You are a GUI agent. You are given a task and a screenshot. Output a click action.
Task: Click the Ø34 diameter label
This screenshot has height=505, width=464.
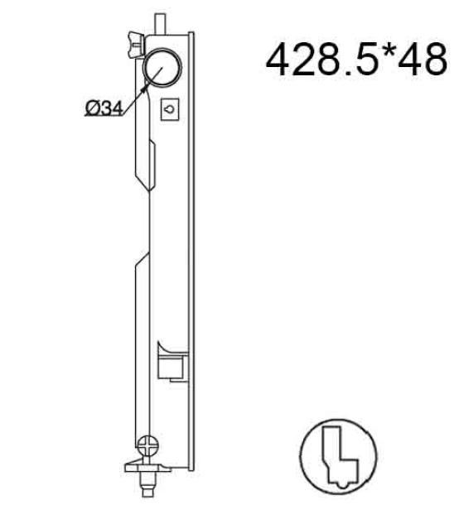[104, 108]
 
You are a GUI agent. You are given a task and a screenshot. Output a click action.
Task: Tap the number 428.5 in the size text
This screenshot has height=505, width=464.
[326, 60]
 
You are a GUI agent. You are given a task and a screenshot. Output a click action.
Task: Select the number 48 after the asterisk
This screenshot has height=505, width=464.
[423, 60]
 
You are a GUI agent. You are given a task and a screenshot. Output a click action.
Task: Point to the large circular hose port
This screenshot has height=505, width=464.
[162, 67]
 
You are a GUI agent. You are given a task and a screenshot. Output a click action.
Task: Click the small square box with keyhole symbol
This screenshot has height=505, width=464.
[170, 109]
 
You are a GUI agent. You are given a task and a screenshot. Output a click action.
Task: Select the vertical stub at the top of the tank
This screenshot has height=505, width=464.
[160, 23]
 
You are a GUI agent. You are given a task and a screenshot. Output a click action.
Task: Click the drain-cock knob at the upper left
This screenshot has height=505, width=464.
[135, 46]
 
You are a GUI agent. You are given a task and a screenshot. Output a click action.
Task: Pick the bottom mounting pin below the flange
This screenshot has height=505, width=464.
[148, 484]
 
